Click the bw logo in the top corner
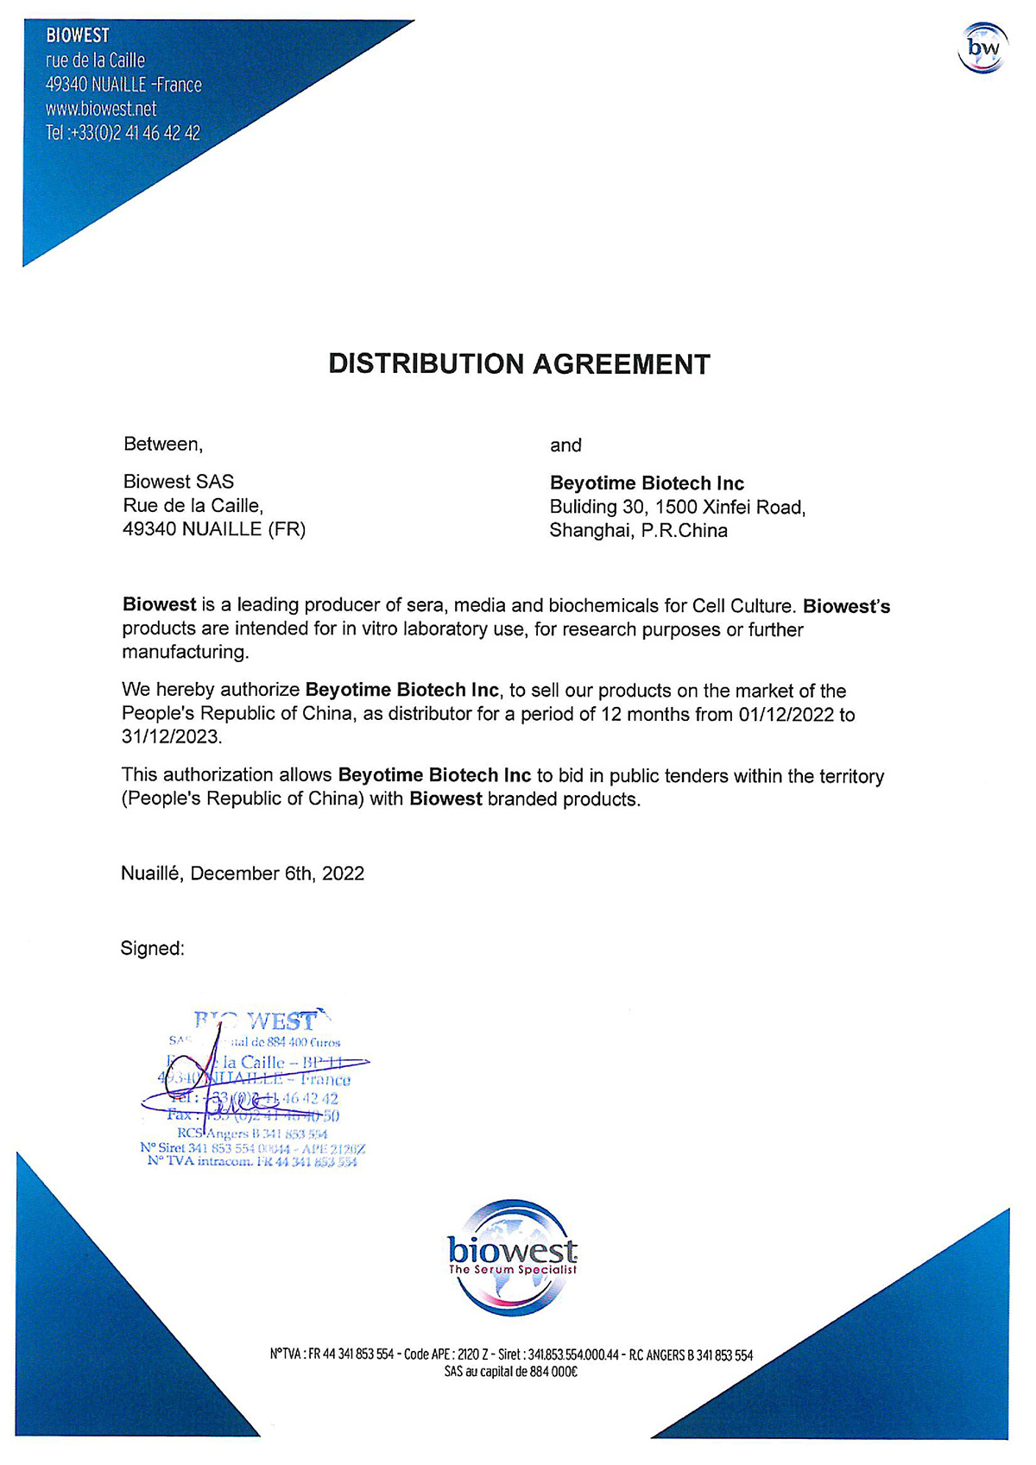tap(982, 48)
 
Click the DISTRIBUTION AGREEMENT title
tap(519, 364)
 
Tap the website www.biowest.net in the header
tap(101, 109)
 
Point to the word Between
tap(162, 445)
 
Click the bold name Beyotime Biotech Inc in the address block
tap(647, 483)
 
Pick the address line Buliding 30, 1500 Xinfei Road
tap(677, 508)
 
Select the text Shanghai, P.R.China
tap(638, 531)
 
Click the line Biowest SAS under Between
tap(178, 482)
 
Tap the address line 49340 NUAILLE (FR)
tap(214, 529)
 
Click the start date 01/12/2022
tap(786, 715)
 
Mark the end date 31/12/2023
tap(170, 737)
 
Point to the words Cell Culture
tap(742, 606)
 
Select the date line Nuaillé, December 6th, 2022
tap(243, 874)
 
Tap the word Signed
tap(152, 949)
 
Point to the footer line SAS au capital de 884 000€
tap(510, 1372)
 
